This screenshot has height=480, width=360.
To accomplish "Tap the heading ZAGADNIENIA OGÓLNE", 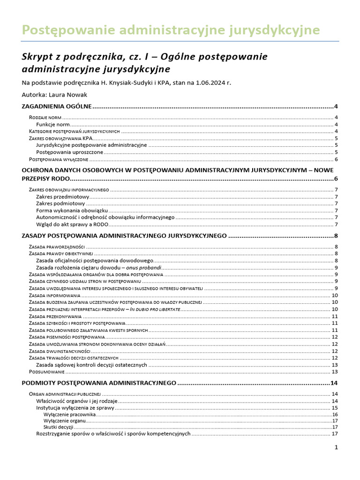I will (x=57, y=107).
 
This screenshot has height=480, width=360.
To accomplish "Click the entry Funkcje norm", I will (x=53, y=124).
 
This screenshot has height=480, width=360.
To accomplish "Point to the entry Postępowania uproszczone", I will (x=69, y=152).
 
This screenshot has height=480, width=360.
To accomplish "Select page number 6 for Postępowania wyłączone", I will (x=337, y=159).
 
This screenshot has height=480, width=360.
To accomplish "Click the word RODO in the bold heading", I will (x=59, y=179).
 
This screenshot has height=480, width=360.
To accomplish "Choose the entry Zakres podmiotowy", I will (x=60, y=203).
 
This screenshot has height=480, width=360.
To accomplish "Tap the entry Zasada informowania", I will (x=54, y=295).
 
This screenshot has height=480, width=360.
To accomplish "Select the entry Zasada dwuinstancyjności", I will (x=60, y=351).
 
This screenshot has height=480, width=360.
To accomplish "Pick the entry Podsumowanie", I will (x=45, y=372).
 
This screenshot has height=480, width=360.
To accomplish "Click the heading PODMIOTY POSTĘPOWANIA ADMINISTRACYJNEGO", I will (x=99, y=383).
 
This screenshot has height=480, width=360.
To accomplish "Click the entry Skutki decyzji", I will (x=58, y=427).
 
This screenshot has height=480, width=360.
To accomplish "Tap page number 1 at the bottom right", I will (x=336, y=448).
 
